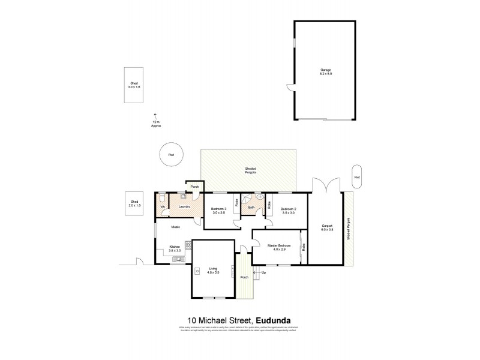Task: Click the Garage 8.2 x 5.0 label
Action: point(326,71)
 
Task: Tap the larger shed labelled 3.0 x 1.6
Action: point(134,86)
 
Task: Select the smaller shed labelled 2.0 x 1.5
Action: point(134,204)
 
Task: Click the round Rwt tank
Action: point(171,155)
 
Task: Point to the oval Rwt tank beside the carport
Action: point(358,177)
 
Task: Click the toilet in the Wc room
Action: point(163,198)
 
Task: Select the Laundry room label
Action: point(184,207)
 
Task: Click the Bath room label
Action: point(251,208)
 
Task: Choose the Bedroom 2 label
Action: point(289,211)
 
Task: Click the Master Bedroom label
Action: point(280,247)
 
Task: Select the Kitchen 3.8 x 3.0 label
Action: point(175,248)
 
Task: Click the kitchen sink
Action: point(178,259)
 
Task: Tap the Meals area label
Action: point(176,227)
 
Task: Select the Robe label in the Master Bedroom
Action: point(305,246)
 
